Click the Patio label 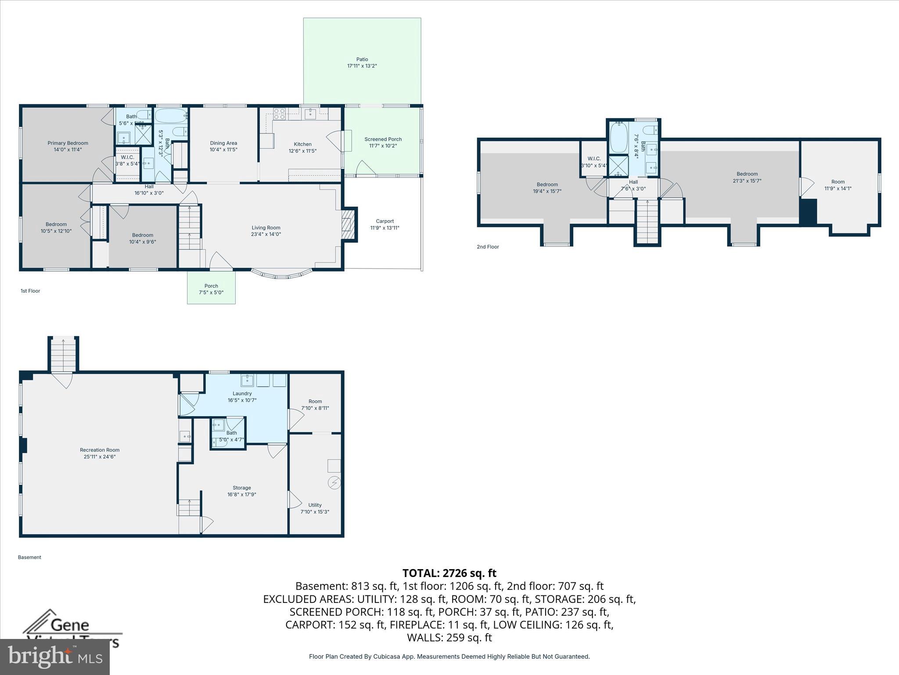tap(362, 62)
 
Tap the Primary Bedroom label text tap(68, 146)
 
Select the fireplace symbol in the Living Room tap(348, 225)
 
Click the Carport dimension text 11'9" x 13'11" tap(385, 228)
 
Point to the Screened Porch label tap(383, 142)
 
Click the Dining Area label tap(223, 146)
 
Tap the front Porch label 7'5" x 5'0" tap(211, 289)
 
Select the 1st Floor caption tap(30, 291)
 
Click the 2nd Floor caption tap(488, 247)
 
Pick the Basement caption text tap(29, 557)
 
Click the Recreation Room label tap(100, 453)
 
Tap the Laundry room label tap(242, 397)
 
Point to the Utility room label tap(315, 508)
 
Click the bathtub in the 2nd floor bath tap(619, 137)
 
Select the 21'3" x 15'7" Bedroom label tap(747, 177)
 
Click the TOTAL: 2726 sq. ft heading tap(449, 573)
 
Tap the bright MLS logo tap(54, 657)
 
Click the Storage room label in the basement tap(242, 491)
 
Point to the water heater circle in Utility tap(334, 483)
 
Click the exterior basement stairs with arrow tap(64, 354)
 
